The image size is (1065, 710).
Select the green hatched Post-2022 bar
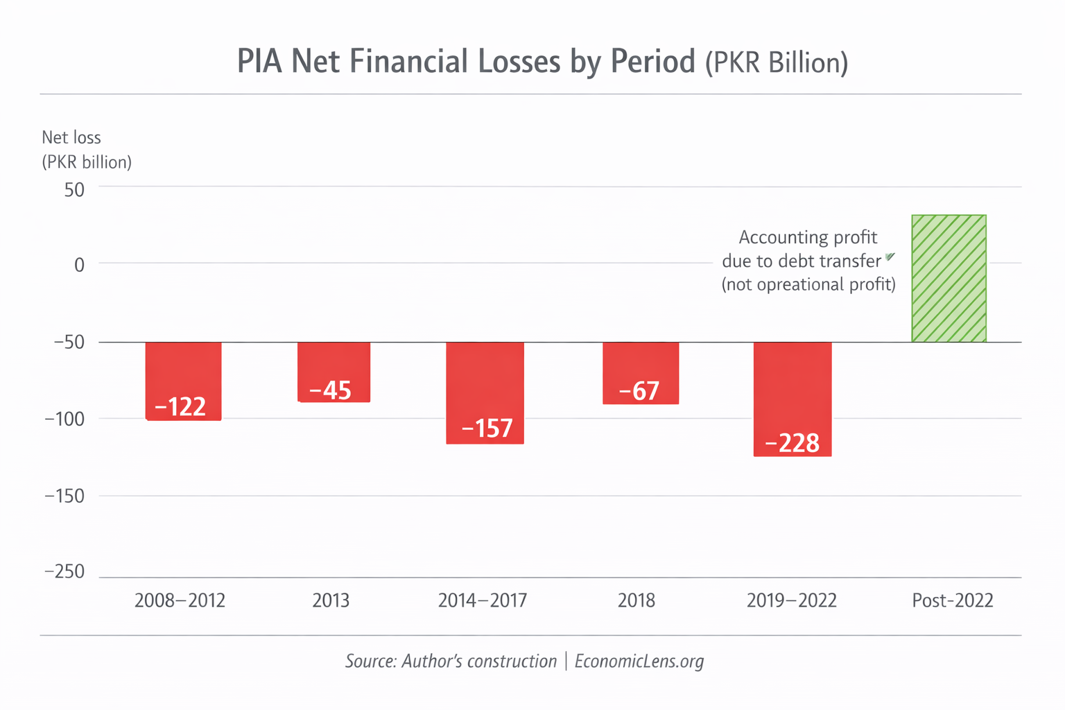949,278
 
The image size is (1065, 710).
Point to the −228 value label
792,442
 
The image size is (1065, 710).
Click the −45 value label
330,390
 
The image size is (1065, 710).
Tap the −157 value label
487,428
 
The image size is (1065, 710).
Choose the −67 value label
639,391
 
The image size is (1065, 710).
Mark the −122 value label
180,406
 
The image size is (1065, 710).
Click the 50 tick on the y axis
74,189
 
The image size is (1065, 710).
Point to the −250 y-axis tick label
64,571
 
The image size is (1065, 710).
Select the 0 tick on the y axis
79,265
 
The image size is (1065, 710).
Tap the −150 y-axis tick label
64,496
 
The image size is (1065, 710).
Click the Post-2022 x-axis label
952,600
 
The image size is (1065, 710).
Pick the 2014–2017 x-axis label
483,600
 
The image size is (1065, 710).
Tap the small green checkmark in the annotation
890,257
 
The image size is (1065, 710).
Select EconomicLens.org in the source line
639,661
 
